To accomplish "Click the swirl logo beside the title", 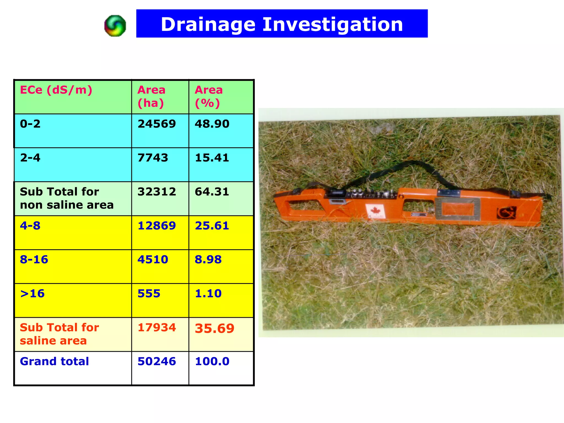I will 115,26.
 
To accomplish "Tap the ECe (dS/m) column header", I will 56,90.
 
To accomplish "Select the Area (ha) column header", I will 151,96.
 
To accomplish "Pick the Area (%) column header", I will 208,96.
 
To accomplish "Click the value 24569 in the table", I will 157,124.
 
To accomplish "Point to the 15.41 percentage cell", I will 212,158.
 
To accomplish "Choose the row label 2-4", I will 30,158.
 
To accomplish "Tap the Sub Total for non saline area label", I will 67,198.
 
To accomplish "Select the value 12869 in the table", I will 157,226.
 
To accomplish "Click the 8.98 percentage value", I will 208,260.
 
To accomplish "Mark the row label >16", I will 32,294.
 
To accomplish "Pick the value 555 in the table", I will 149,294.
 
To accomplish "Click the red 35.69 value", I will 215,328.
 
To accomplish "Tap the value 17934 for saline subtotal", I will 157,327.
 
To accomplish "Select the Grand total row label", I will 54,361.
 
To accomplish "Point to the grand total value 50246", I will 157,361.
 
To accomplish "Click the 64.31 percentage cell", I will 212,192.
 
